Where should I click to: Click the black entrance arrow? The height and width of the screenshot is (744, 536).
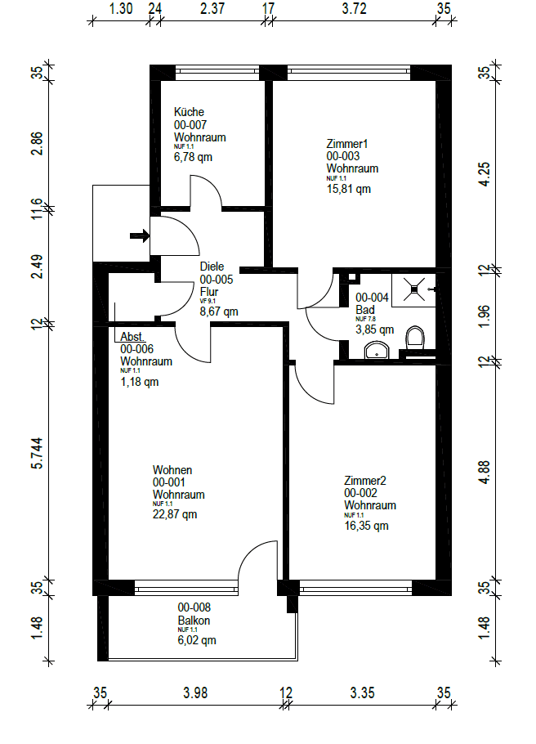click(x=140, y=236)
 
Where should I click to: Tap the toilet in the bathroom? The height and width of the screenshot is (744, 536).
click(x=416, y=338)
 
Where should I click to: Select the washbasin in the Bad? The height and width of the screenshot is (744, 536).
click(x=377, y=352)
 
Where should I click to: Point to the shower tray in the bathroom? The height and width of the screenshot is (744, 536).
click(x=416, y=289)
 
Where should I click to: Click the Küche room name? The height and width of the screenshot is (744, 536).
click(x=189, y=112)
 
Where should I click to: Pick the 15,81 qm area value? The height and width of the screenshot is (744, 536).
click(x=349, y=189)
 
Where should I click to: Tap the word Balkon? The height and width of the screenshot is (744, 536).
click(x=194, y=621)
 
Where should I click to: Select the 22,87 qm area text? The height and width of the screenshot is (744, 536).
click(x=175, y=514)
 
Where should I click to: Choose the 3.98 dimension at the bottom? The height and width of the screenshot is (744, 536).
click(x=194, y=693)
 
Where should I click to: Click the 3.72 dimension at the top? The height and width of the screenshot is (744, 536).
click(x=352, y=9)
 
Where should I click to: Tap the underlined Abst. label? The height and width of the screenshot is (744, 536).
click(x=132, y=337)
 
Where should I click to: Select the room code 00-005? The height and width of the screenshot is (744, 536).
click(x=217, y=278)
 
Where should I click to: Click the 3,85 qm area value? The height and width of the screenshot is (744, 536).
click(x=374, y=330)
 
